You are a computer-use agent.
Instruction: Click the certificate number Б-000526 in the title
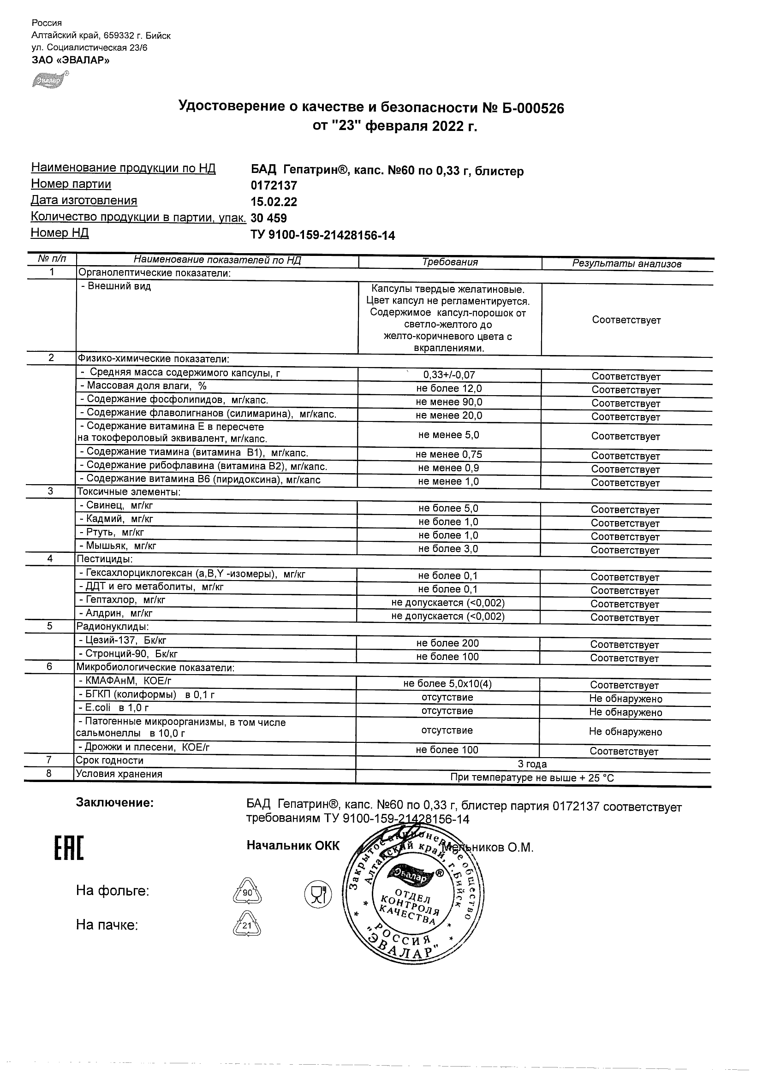point(532,108)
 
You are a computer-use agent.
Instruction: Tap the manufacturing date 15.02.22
point(274,202)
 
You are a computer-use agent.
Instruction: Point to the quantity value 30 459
point(269,218)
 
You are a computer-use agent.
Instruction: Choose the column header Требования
point(450,262)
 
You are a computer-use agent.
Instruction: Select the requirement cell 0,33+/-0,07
point(449,375)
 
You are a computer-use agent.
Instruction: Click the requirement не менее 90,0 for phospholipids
point(449,402)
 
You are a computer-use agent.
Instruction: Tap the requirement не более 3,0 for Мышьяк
point(448,549)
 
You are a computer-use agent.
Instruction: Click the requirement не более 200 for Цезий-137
point(447,643)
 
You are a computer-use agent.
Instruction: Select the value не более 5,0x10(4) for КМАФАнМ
point(447,684)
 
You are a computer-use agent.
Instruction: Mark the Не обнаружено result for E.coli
point(625,712)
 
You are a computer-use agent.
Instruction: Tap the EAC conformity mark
point(69,848)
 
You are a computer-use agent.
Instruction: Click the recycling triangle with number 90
point(247,891)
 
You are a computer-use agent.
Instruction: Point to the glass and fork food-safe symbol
point(318,893)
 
